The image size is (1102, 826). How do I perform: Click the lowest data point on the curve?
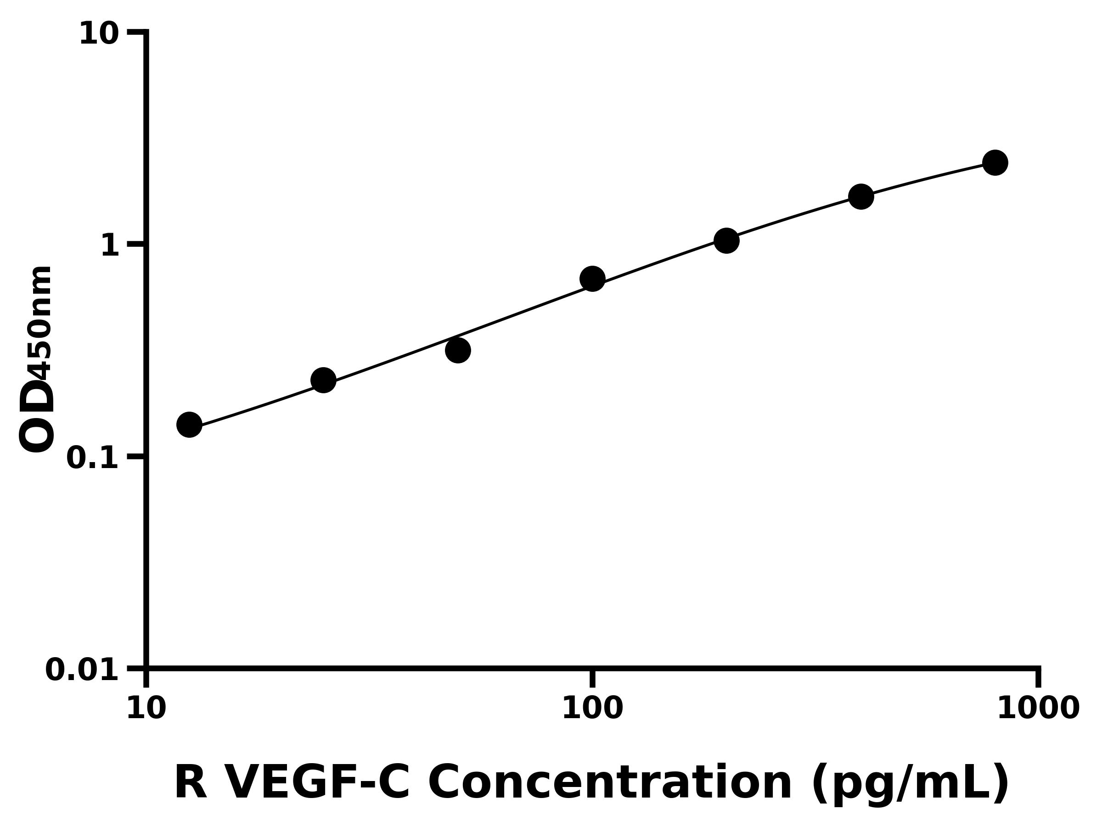[189, 424]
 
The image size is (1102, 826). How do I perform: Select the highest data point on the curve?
[995, 162]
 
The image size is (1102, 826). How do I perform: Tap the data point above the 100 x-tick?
[592, 279]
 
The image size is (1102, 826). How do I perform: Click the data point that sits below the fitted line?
[458, 350]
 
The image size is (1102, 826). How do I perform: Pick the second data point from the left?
[323, 380]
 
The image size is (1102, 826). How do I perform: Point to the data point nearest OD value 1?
[726, 240]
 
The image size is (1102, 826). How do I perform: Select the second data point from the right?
[861, 196]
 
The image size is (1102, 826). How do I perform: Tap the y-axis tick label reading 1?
[110, 246]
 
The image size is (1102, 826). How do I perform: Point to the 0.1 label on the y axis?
[93, 458]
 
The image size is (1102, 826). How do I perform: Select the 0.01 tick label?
[82, 670]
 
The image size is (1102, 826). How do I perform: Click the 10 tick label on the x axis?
[146, 709]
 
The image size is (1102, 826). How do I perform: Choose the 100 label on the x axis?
[592, 709]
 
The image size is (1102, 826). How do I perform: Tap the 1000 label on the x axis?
[1038, 709]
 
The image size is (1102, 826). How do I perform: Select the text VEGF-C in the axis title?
[318, 783]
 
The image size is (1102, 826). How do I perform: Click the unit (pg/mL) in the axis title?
[910, 784]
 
